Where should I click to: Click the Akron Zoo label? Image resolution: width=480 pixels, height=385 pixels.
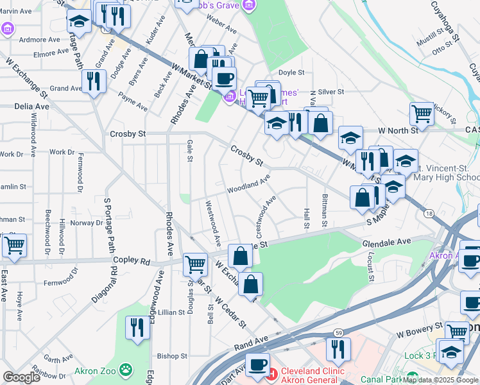[95, 370]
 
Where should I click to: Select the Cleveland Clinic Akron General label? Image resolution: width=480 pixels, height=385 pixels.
[305, 375]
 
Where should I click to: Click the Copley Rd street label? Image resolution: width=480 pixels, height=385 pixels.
[131, 262]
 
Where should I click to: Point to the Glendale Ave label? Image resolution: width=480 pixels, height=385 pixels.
[386, 243]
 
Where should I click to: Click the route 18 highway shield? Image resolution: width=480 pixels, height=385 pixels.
[429, 212]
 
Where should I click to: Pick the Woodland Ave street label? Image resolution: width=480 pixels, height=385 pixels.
[248, 185]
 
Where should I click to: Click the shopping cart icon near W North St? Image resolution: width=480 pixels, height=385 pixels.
[422, 114]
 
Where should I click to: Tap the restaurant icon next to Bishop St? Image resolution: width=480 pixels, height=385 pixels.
[137, 327]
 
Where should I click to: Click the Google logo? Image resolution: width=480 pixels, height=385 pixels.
[21, 377]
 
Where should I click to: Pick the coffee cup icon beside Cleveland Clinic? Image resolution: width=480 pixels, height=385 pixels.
[257, 364]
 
